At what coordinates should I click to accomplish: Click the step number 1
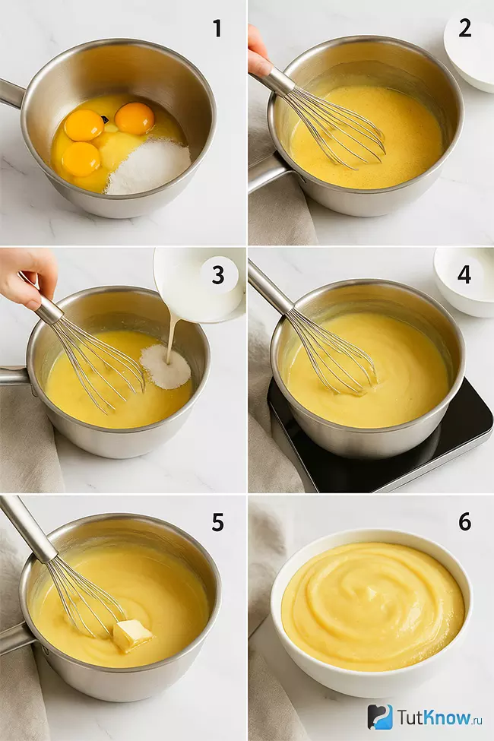tap(217, 28)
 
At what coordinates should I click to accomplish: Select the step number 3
tap(218, 276)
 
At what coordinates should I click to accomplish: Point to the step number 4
tap(464, 275)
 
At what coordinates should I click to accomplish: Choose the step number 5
tap(217, 522)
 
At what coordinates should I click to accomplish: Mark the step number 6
tap(464, 522)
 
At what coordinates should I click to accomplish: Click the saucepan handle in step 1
tap(11, 93)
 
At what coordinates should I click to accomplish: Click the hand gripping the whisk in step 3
tap(27, 277)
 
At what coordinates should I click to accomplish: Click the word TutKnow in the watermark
tap(433, 717)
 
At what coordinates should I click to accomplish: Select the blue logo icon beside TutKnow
tap(380, 717)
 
